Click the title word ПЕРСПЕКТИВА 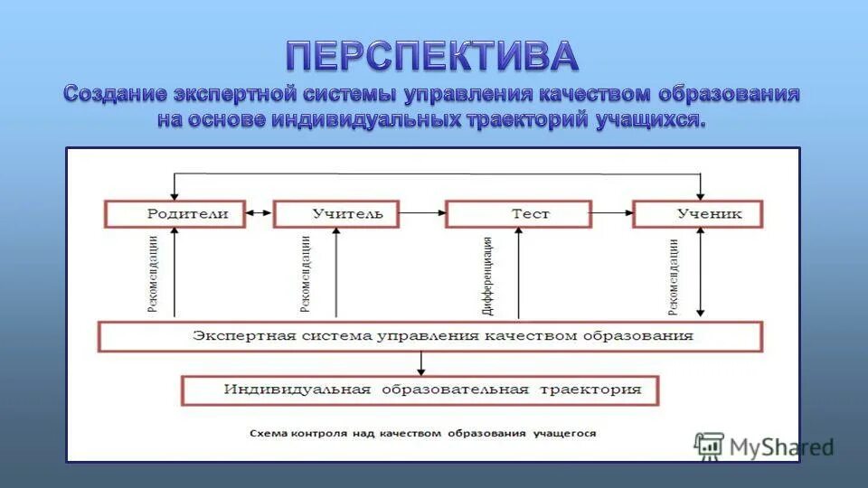[x=432, y=56]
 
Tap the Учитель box [x=335, y=214]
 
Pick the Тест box [x=519, y=214]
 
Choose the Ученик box [x=698, y=214]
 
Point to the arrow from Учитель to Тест [x=422, y=214]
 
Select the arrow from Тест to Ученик [x=612, y=214]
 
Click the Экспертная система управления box [x=430, y=336]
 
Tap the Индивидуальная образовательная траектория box [x=421, y=390]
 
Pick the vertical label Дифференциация [x=488, y=275]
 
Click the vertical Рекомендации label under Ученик [x=674, y=275]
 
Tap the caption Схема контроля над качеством [x=422, y=434]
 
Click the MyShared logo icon [x=710, y=445]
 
